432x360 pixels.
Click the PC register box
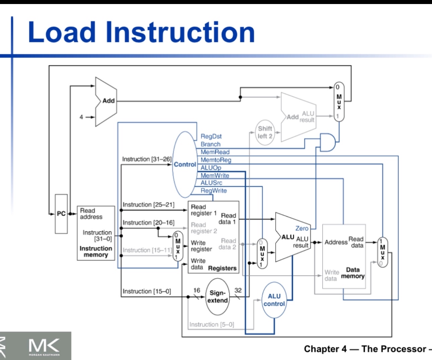[61, 214]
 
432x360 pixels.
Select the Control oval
[185, 164]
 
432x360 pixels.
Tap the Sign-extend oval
[217, 297]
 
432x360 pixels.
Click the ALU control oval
[274, 300]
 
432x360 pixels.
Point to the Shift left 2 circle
[265, 132]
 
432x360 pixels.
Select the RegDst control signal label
[211, 136]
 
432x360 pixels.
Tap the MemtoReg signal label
[216, 160]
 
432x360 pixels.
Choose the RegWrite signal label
[213, 191]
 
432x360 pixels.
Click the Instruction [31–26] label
[146, 159]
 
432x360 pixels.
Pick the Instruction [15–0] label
[146, 291]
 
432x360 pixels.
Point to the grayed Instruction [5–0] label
[211, 324]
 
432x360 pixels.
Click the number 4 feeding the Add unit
[81, 117]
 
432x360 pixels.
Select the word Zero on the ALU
[301, 228]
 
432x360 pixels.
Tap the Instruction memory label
[96, 251]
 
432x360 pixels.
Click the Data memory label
[353, 273]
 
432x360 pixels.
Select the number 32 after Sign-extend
[238, 290]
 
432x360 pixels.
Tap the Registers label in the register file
[222, 268]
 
